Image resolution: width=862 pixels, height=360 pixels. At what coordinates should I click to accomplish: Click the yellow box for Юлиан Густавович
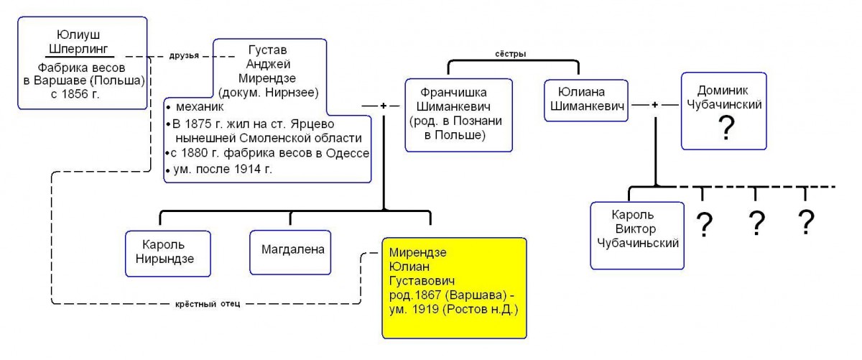tap(454, 288)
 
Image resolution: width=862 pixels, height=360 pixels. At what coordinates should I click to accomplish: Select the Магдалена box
tap(290, 252)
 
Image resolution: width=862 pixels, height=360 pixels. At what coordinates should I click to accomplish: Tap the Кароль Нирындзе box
tap(168, 254)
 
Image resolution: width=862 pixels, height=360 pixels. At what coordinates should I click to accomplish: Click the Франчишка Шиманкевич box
tap(459, 115)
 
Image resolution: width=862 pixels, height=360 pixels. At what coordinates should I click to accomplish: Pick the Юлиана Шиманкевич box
tap(586, 100)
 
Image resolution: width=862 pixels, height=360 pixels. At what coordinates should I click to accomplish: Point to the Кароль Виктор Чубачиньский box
tap(637, 235)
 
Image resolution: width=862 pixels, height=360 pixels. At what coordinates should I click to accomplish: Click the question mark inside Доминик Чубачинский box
tap(726, 128)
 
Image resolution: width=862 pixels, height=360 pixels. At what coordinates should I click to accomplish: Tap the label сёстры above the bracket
tap(510, 54)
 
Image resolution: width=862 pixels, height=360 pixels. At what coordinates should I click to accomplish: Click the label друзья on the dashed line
tap(184, 55)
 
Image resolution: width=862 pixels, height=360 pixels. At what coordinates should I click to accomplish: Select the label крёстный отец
tap(208, 304)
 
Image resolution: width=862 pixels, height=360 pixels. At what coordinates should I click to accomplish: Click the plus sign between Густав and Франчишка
tap(384, 106)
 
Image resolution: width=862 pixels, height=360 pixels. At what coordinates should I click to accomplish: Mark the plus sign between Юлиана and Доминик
tap(654, 105)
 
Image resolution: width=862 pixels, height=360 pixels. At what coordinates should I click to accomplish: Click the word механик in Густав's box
tap(200, 106)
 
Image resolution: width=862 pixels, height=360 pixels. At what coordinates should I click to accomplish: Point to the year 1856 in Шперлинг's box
tap(75, 94)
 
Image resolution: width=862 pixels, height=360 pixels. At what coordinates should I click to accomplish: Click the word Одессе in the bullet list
tap(348, 153)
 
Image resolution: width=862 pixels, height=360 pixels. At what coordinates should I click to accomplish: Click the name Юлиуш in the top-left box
tap(78, 34)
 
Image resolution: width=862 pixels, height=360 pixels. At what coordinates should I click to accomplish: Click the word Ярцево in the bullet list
tap(312, 124)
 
